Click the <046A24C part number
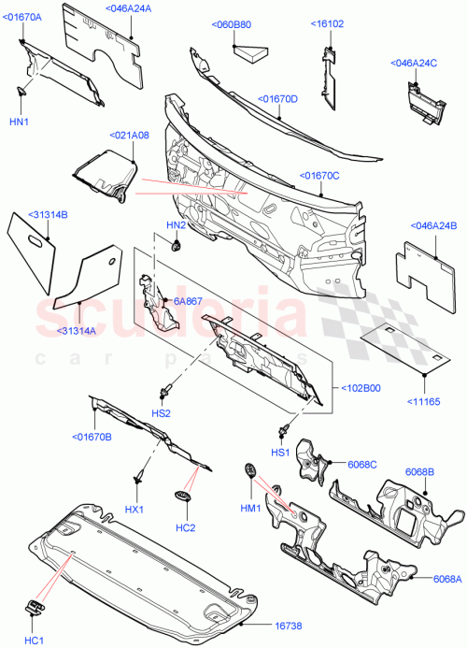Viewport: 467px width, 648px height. click(x=415, y=64)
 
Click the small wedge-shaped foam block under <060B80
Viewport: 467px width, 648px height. click(x=252, y=54)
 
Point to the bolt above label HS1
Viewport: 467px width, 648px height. click(x=281, y=429)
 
